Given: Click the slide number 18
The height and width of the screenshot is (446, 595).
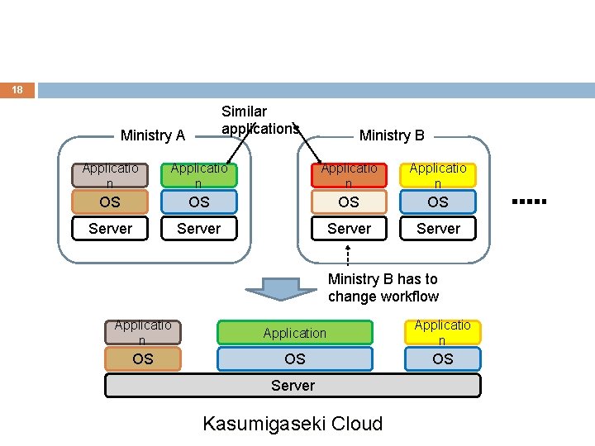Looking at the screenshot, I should pyautogui.click(x=17, y=90).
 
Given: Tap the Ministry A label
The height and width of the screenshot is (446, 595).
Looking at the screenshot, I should pyautogui.click(x=152, y=135).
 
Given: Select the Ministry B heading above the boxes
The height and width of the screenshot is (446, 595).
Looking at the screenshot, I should pyautogui.click(x=392, y=135).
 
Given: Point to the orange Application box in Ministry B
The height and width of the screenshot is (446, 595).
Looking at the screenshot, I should pyautogui.click(x=349, y=175).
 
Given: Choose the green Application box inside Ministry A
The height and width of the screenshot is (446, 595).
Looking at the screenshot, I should pyautogui.click(x=199, y=175).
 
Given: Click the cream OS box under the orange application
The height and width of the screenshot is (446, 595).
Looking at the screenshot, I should pyautogui.click(x=349, y=202).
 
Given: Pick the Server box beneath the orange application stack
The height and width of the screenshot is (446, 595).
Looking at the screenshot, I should pyautogui.click(x=349, y=228).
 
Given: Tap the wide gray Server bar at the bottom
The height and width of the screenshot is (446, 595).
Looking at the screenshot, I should pyautogui.click(x=293, y=386).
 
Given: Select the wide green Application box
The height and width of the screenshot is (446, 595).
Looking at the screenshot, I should pyautogui.click(x=295, y=333).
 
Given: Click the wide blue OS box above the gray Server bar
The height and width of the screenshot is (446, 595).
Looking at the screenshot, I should pyautogui.click(x=295, y=359).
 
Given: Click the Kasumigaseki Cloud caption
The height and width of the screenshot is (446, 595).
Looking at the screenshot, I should pyautogui.click(x=293, y=425).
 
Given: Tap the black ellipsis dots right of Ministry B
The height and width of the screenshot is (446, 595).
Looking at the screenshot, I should pyautogui.click(x=530, y=201).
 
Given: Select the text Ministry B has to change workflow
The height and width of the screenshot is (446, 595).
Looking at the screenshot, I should pyautogui.click(x=383, y=288).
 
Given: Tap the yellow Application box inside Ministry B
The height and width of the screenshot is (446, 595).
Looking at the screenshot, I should pyautogui.click(x=438, y=175).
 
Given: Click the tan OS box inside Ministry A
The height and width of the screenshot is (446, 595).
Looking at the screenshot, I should pyautogui.click(x=110, y=202).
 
